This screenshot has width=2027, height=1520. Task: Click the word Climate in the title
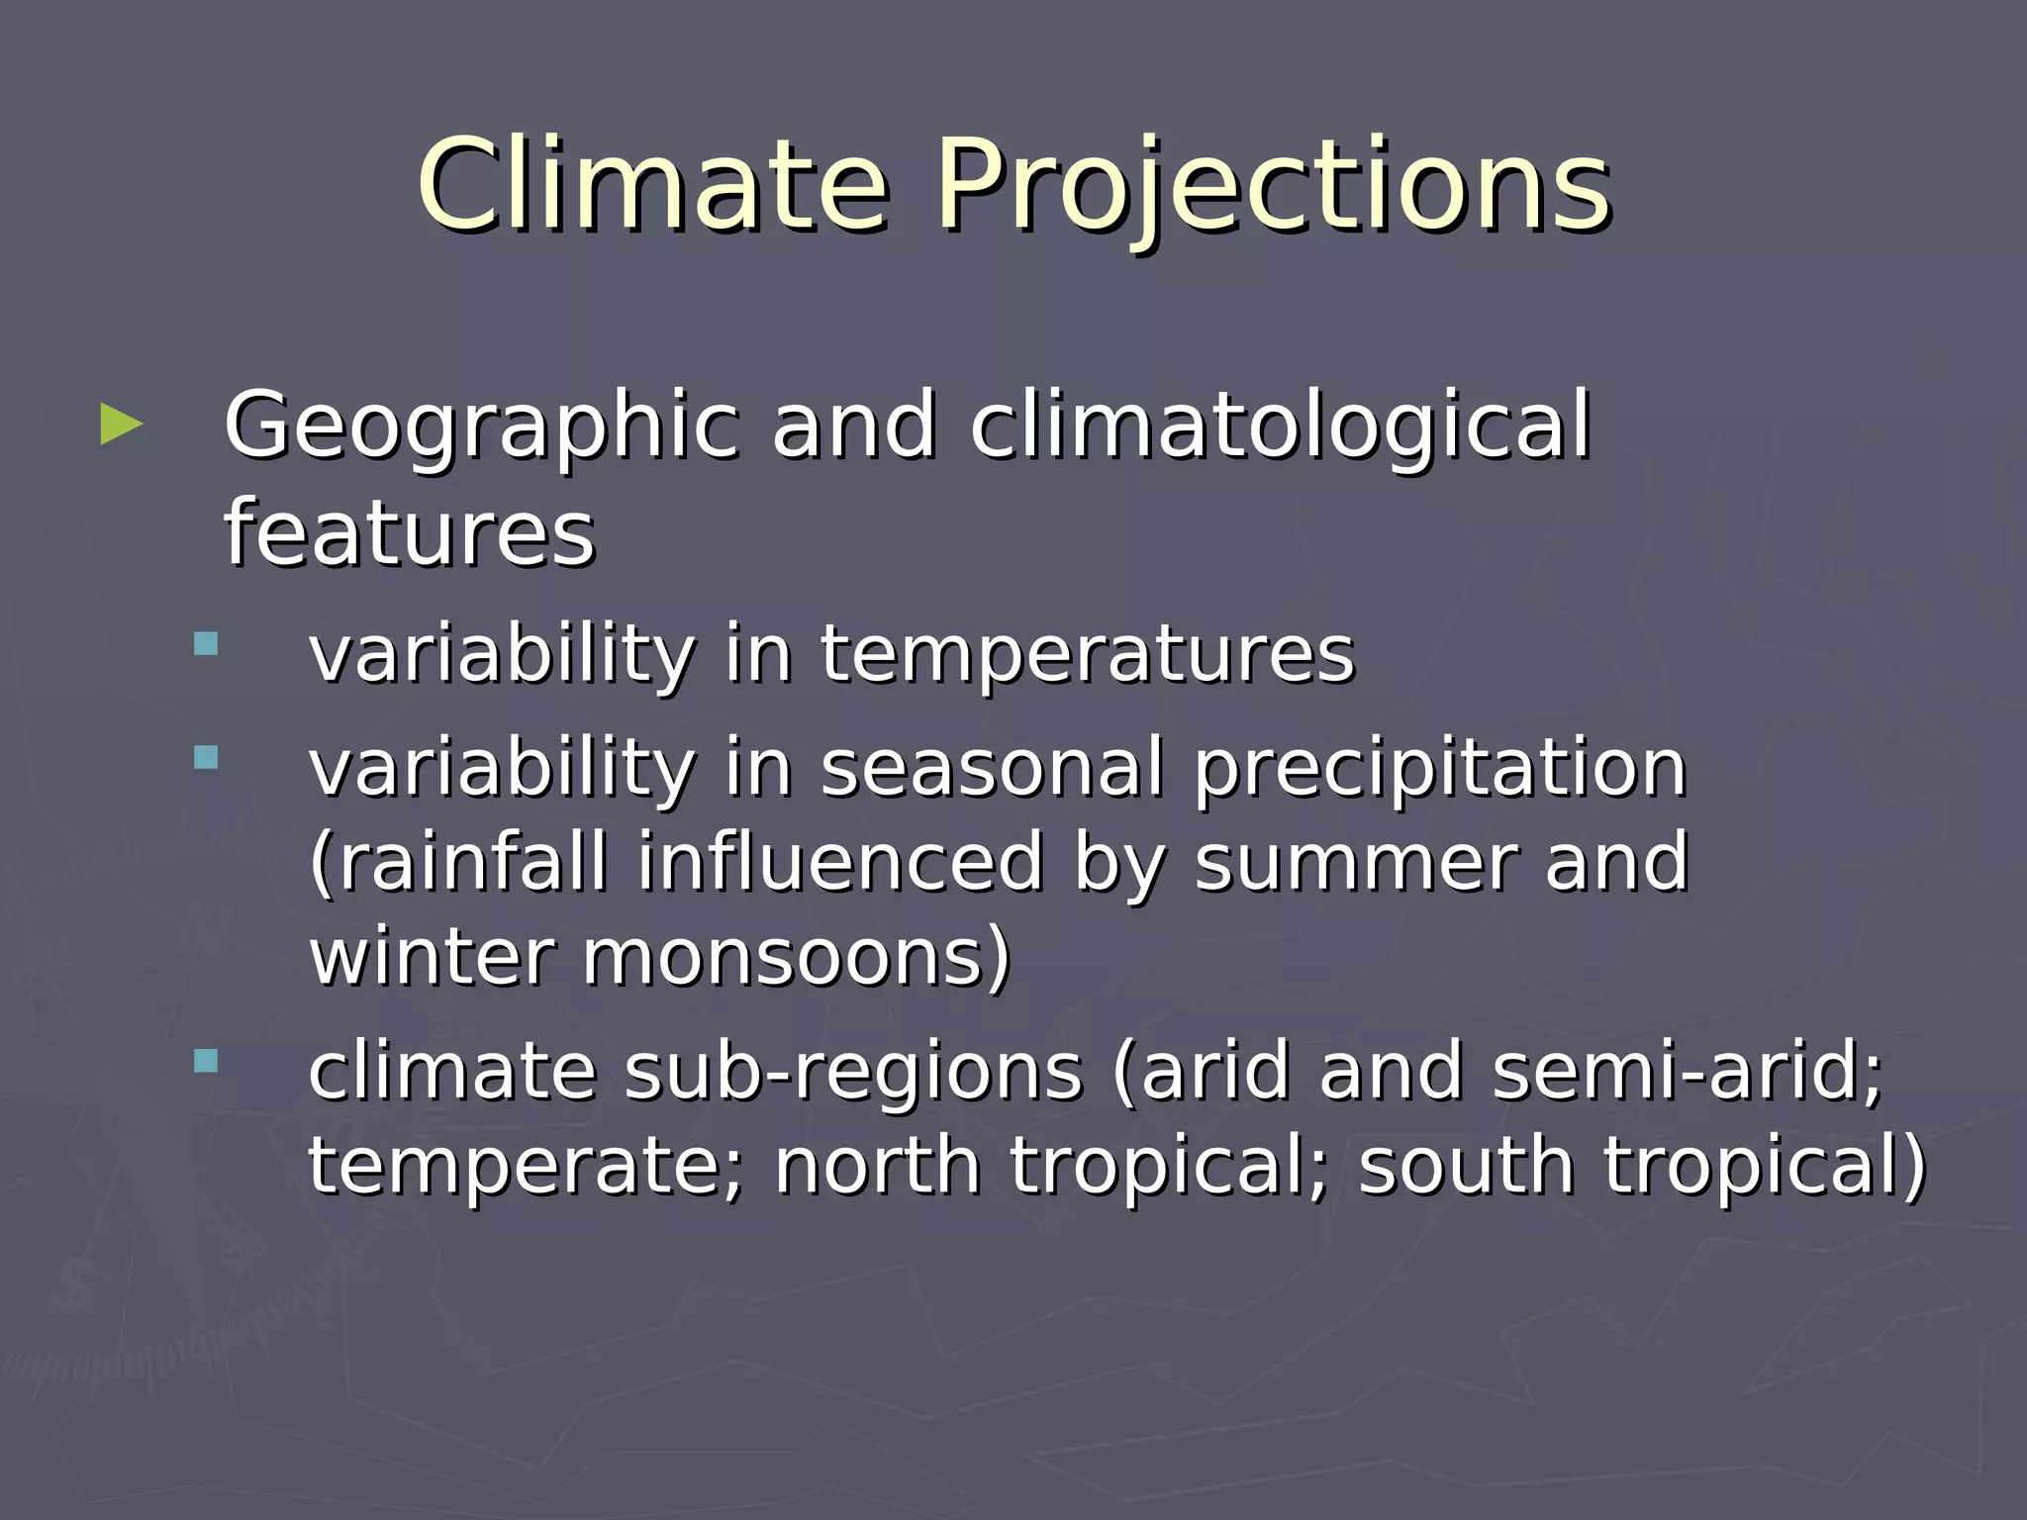pos(653,185)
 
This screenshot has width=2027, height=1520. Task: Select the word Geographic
pos(481,427)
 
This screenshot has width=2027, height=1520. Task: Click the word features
pos(409,534)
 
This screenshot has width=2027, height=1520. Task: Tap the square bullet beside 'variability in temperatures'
pos(206,645)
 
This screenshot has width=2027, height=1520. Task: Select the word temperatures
pos(1087,655)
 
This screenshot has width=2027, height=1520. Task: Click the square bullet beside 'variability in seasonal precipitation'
pos(206,759)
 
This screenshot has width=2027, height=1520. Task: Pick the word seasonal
pos(992,769)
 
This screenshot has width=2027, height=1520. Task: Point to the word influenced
pos(840,863)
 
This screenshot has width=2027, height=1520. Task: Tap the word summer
pos(1355,863)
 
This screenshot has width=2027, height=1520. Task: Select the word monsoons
pos(796,958)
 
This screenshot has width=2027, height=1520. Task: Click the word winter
pos(432,958)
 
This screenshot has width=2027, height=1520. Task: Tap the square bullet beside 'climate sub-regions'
pos(206,1062)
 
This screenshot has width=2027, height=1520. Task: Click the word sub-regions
pos(854,1072)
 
